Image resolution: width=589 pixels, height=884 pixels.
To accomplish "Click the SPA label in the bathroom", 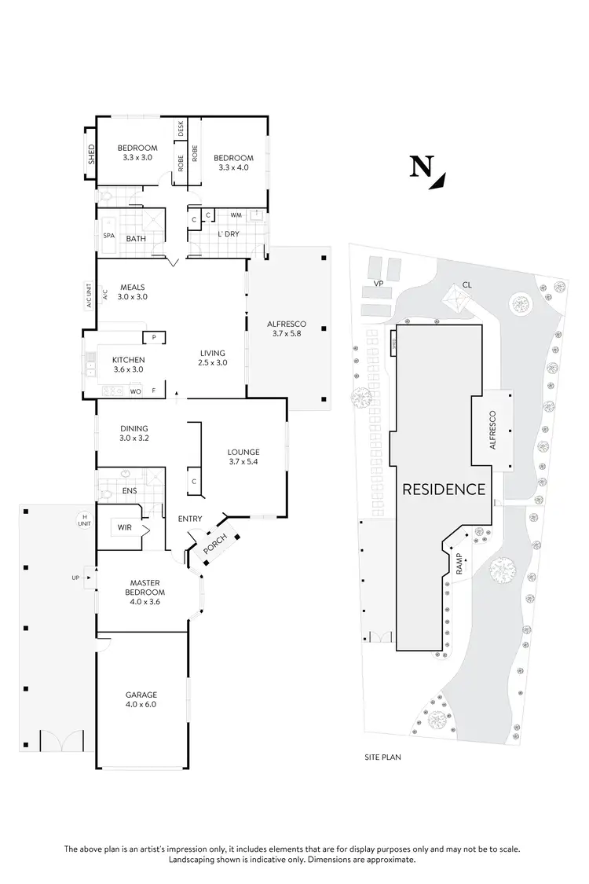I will point(108,235).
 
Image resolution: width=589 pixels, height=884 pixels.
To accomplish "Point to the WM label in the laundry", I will point(235,215).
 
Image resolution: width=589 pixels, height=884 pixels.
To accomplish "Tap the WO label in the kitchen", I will point(135,391).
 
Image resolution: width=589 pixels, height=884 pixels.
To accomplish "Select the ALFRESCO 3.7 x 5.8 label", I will point(287,330).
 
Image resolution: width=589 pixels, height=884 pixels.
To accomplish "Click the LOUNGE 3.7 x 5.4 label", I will point(243,457).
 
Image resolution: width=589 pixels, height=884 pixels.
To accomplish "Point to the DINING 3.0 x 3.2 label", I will point(134,432).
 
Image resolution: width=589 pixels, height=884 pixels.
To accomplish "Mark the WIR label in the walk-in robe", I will point(125,527).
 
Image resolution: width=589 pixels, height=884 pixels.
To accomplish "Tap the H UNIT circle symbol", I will point(82,519).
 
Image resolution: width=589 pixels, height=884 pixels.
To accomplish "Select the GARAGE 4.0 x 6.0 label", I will point(141,700).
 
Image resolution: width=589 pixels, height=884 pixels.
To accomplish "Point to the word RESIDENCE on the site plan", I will point(444,489).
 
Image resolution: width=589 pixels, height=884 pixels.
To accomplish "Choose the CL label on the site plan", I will point(467,284).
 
